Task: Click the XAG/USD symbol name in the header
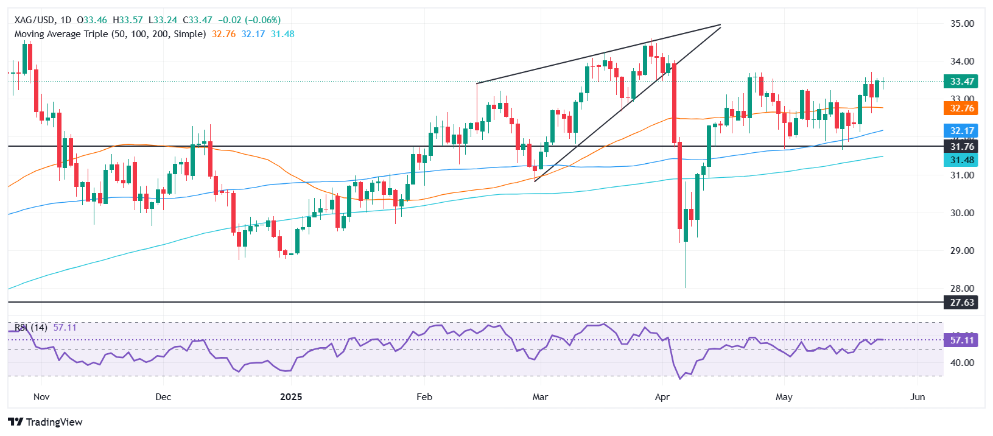[x=34, y=20]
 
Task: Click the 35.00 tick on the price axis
[x=962, y=24]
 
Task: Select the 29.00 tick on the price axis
[x=962, y=251]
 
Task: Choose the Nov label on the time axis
[x=41, y=397]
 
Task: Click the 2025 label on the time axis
[x=291, y=397]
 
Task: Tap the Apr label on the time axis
[x=662, y=397]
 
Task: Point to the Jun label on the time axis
[x=917, y=397]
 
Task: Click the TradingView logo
[x=46, y=422]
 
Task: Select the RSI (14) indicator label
[x=31, y=328]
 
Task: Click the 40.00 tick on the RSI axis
[x=962, y=363]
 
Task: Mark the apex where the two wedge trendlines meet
[x=720, y=26]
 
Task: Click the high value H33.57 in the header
[x=128, y=20]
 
